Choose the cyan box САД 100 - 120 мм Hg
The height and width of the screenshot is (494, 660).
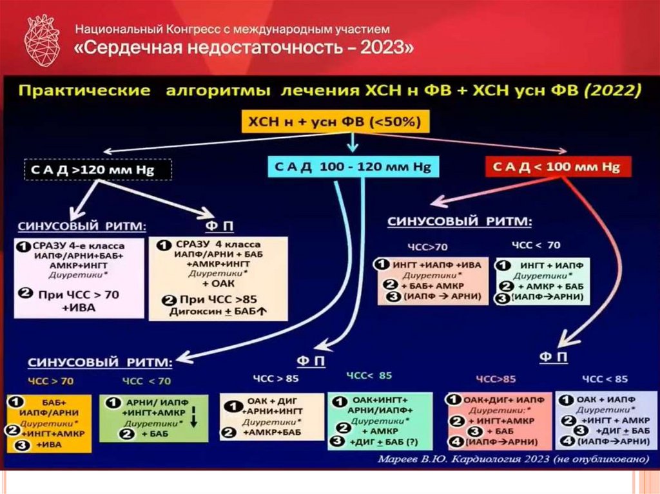(350, 167)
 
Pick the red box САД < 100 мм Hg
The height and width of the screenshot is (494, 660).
(558, 167)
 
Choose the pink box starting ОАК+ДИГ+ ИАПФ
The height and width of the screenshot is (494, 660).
(499, 421)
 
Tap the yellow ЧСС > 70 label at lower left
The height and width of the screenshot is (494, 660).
(51, 381)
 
